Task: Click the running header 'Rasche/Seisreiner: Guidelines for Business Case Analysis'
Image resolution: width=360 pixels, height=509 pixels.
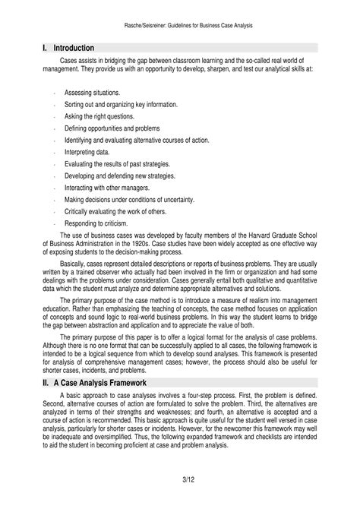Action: click(x=179, y=26)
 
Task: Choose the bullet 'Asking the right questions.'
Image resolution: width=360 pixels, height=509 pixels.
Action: click(x=99, y=117)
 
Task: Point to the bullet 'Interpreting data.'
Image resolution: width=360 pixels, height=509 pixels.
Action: click(x=87, y=152)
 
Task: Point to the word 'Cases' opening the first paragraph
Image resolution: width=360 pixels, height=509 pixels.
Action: click(x=70, y=58)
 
